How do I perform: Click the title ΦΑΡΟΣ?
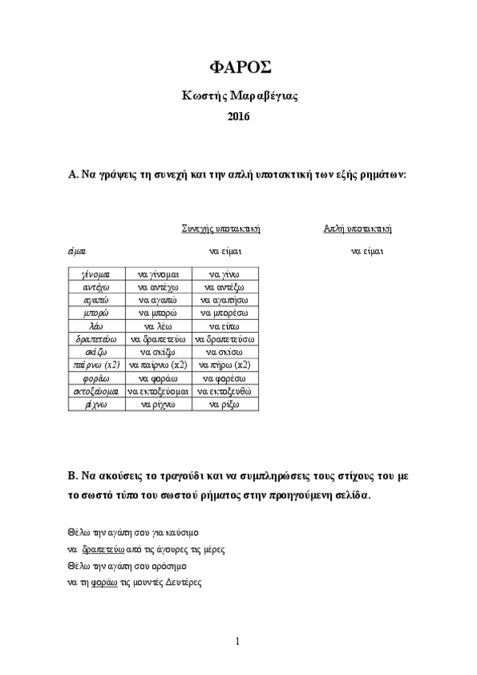click(x=238, y=67)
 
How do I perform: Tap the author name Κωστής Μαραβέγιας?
click(x=237, y=96)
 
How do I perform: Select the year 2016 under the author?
click(x=238, y=117)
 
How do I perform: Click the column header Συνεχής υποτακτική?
click(x=221, y=229)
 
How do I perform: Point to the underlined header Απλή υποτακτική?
click(x=357, y=229)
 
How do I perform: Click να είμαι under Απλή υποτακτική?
click(x=368, y=252)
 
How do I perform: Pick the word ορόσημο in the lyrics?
click(x=170, y=566)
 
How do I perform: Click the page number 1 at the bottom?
click(x=238, y=641)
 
